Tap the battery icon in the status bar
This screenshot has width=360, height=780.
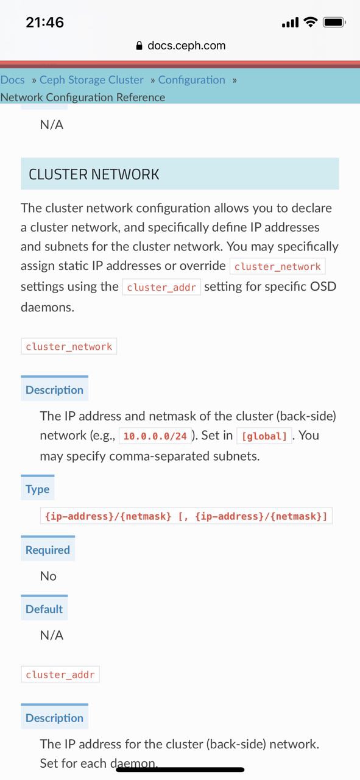tap(334, 23)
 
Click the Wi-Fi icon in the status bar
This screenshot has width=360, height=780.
tap(310, 22)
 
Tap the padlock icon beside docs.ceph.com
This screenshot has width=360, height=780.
tap(139, 46)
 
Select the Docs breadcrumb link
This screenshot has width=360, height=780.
tap(13, 80)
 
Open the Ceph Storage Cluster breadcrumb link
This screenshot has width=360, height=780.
tap(91, 80)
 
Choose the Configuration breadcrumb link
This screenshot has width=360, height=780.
tap(191, 80)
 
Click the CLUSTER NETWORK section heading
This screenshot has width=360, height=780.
tap(94, 174)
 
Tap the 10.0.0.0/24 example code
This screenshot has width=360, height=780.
tap(155, 436)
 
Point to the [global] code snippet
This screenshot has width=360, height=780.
tap(264, 436)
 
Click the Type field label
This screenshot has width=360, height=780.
tap(37, 489)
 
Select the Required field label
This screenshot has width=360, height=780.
tap(48, 550)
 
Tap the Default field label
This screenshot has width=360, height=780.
tap(44, 609)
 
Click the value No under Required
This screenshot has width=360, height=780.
tap(48, 576)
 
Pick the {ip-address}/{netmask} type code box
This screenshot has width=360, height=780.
tap(186, 516)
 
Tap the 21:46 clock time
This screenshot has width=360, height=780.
tap(45, 23)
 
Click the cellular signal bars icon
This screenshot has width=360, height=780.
tap(290, 23)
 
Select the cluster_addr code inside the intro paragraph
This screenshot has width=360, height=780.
tap(161, 287)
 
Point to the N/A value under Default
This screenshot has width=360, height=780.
tap(52, 635)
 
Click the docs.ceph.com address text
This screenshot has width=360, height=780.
tap(186, 46)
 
